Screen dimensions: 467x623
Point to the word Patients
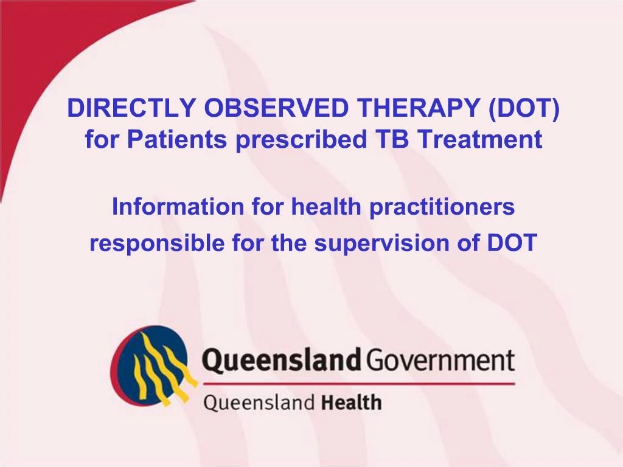click(x=177, y=140)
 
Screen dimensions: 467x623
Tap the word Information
click(x=178, y=207)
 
